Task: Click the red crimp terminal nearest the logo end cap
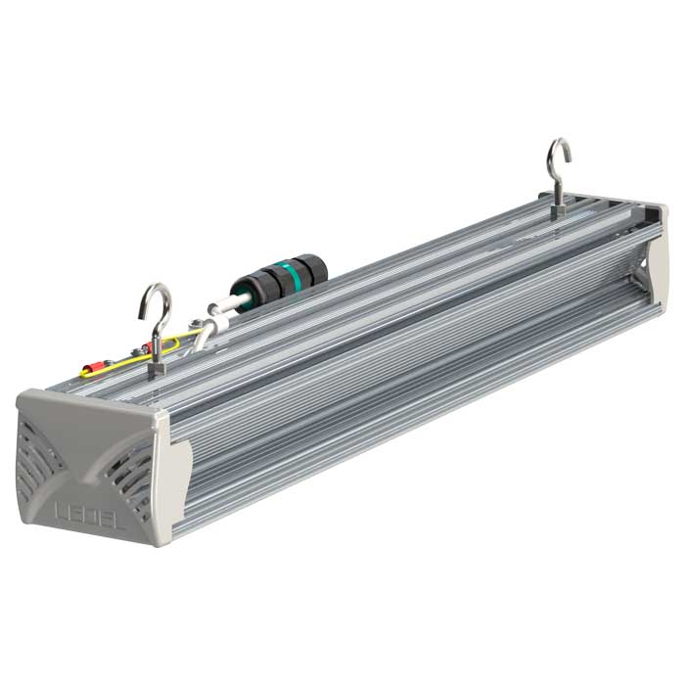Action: (x=92, y=369)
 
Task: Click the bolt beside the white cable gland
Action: (x=195, y=322)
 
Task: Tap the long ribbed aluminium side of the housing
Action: (x=411, y=372)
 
